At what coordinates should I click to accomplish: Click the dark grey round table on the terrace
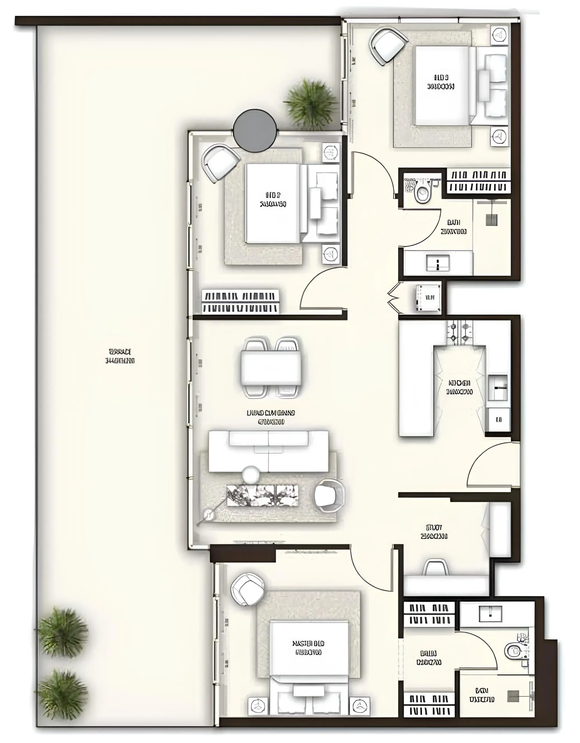tap(255, 131)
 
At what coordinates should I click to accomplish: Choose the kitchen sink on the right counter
tap(498, 387)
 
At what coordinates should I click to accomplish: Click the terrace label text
tap(120, 356)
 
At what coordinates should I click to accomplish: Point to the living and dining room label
tap(271, 417)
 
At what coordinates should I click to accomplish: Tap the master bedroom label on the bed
tap(308, 648)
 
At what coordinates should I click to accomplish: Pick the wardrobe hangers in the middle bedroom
tap(241, 302)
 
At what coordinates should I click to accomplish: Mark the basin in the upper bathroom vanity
tap(438, 263)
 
